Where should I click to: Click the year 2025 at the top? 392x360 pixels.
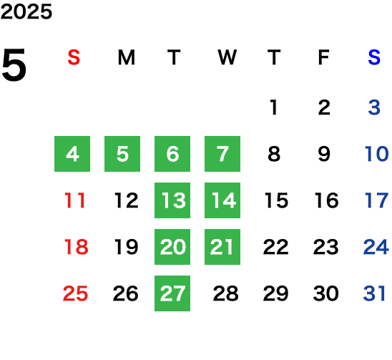click(x=26, y=11)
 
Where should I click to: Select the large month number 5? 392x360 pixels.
click(x=14, y=65)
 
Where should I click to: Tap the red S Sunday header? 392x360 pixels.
click(x=74, y=57)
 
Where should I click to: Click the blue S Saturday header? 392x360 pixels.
click(x=374, y=57)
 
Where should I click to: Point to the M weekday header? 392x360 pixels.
click(x=127, y=57)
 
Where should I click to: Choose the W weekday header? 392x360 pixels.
click(x=227, y=57)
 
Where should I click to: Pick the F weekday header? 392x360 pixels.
click(x=323, y=57)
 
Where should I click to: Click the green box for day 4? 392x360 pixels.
click(x=72, y=154)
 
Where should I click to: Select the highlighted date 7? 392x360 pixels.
click(x=222, y=154)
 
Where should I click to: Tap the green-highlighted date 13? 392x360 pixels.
click(x=172, y=200)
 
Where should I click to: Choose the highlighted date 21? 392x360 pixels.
click(x=222, y=247)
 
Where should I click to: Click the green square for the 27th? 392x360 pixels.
click(x=172, y=293)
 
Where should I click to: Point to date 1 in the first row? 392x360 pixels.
click(x=274, y=107)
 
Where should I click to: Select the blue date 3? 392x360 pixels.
click(x=374, y=107)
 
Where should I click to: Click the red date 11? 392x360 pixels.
click(x=75, y=200)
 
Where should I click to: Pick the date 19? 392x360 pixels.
click(x=126, y=247)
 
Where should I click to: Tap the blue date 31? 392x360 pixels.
click(x=374, y=293)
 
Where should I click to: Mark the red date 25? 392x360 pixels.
click(x=75, y=293)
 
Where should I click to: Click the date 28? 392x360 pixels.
click(x=226, y=293)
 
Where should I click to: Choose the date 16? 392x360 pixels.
click(x=326, y=200)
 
